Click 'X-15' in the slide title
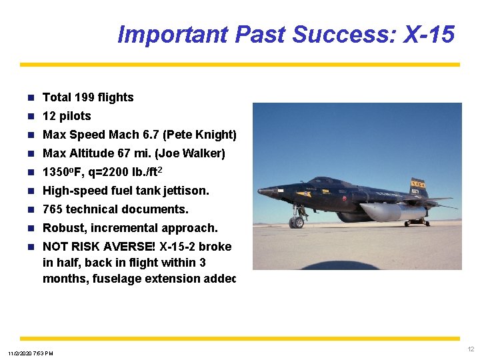(429, 34)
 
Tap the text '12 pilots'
(67, 116)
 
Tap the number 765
(53, 209)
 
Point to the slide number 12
(471, 349)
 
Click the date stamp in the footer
(31, 353)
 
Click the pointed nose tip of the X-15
(259, 191)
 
